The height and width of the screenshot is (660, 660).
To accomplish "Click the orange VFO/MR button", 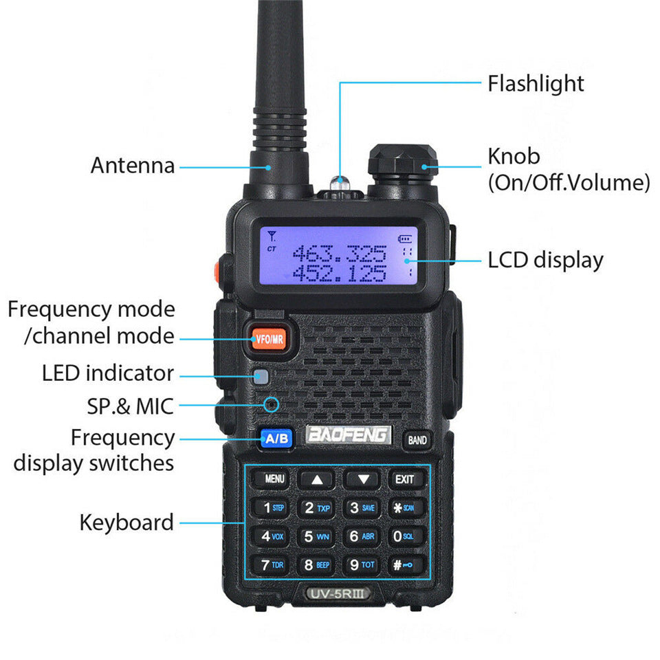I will click(268, 338).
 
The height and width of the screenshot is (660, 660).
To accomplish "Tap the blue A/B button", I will click(276, 438).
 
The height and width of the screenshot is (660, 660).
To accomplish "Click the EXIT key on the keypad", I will click(405, 478).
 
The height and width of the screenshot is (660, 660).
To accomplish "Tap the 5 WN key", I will click(317, 536).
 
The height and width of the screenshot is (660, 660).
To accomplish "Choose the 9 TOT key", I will click(362, 565).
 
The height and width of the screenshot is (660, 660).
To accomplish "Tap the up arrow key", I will click(317, 479).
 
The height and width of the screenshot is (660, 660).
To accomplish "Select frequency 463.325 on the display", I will click(339, 254).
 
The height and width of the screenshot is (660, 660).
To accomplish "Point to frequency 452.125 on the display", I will click(339, 274).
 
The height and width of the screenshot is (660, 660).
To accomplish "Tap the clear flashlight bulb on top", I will click(338, 182).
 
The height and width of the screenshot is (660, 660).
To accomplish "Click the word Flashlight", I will click(536, 84).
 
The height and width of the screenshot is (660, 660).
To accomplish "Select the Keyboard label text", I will click(126, 522).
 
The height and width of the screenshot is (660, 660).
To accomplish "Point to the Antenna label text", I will click(133, 166).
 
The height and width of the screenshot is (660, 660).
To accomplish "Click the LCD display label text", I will click(545, 261).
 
